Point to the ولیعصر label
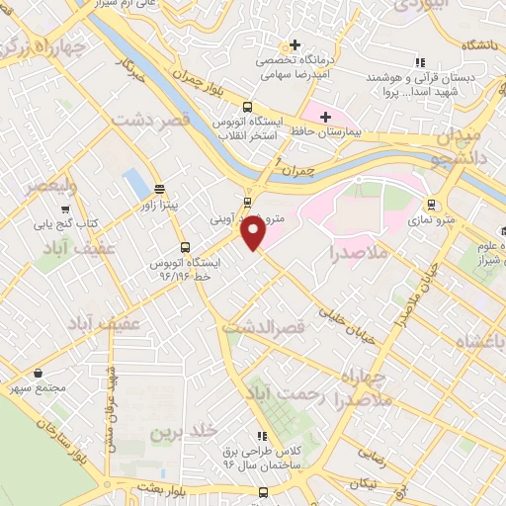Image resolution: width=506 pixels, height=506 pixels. click(48, 186)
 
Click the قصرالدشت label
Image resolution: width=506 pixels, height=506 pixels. click(260, 326)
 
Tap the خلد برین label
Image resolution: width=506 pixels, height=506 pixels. click(182, 433)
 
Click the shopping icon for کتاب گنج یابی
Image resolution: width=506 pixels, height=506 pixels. click(65, 210)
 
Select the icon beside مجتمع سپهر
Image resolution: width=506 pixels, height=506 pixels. click(38, 374)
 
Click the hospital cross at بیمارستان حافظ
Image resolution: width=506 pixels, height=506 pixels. click(325, 118)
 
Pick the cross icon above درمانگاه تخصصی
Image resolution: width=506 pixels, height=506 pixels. click(294, 45)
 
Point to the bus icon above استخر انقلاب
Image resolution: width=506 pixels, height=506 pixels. click(247, 108)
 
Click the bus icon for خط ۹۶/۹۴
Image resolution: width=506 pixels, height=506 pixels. click(184, 248)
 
